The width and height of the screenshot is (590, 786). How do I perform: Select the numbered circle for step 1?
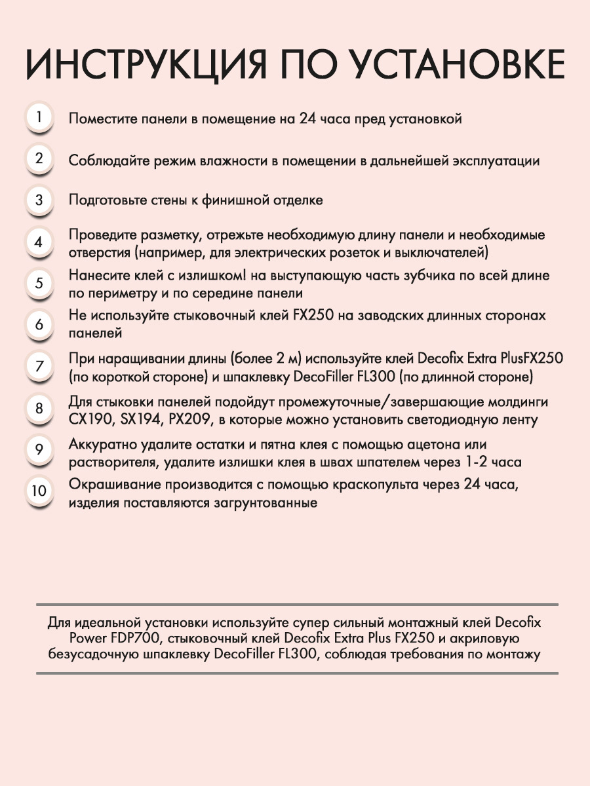click(39, 118)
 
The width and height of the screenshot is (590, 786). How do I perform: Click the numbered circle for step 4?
click(39, 242)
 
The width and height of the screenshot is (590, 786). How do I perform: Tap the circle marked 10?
click(39, 491)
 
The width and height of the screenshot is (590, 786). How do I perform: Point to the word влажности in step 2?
click(230, 160)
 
